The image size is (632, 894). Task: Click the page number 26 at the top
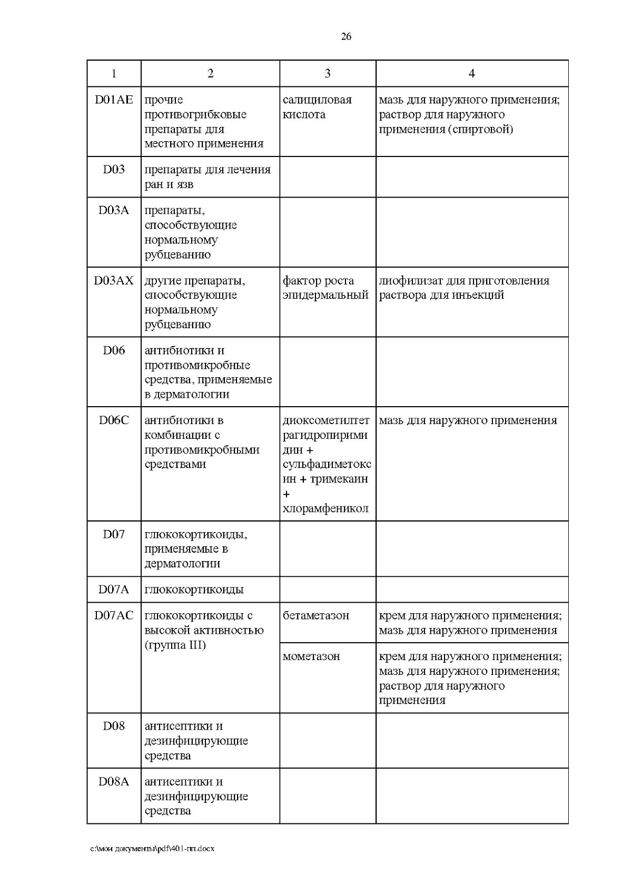(346, 36)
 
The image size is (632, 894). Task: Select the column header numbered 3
(327, 74)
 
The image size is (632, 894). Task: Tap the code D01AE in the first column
(114, 100)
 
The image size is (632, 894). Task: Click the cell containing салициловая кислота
(317, 107)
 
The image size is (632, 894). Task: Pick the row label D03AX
(114, 281)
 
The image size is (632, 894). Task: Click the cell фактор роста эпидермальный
(325, 288)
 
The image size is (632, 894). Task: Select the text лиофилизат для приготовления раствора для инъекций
(463, 288)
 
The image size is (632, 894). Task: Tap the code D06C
(114, 420)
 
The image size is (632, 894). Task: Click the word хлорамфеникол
(325, 509)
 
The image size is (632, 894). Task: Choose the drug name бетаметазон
(315, 615)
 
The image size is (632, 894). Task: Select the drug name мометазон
(311, 656)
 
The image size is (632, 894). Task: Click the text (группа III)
(175, 645)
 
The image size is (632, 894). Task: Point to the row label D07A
(114, 590)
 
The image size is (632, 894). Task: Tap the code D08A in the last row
(114, 782)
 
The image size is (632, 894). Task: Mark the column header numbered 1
(114, 74)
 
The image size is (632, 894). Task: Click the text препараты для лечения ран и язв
(207, 177)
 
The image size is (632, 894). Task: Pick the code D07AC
(114, 615)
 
